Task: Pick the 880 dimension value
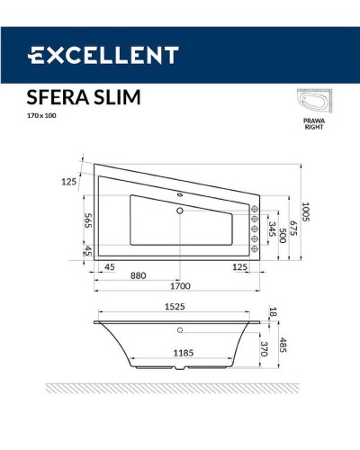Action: tap(138, 276)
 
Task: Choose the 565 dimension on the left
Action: tap(88, 222)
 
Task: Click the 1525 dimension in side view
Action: tap(179, 306)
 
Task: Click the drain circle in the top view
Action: tap(180, 211)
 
